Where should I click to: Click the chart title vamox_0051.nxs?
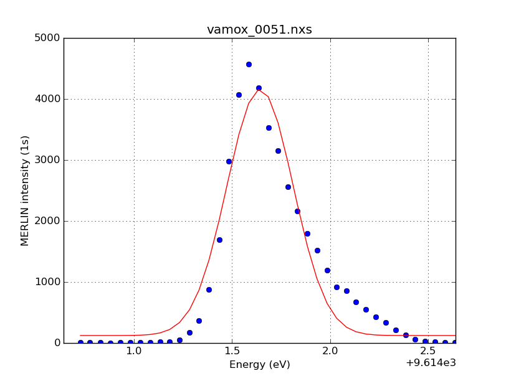[259, 30]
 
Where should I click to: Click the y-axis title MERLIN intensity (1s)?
[26, 190]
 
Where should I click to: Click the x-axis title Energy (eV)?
[259, 365]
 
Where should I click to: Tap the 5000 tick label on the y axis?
[47, 38]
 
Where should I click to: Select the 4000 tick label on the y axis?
[47, 99]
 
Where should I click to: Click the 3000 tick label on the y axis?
[47, 160]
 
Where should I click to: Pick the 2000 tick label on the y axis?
[47, 221]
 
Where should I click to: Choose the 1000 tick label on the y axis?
[47, 282]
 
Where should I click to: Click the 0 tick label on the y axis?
[56, 343]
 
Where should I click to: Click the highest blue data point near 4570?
[249, 64]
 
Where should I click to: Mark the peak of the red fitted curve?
[259, 90]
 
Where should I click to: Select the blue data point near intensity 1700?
[219, 240]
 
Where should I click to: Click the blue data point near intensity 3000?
[229, 161]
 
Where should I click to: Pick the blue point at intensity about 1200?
[327, 270]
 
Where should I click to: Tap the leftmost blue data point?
[80, 342]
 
